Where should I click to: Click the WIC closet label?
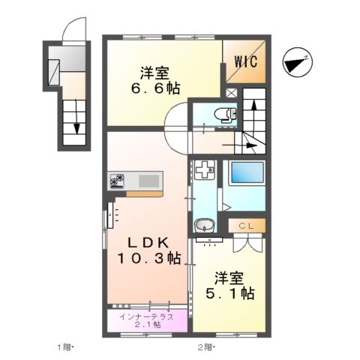244,61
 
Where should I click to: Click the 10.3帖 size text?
148,259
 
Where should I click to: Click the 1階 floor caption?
65,346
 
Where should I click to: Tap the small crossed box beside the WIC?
230,93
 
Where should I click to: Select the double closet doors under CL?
247,241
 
